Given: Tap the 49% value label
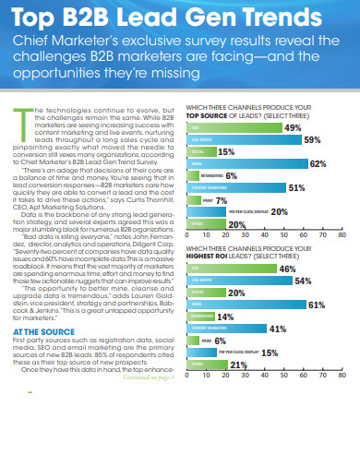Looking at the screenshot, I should click(292, 102).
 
